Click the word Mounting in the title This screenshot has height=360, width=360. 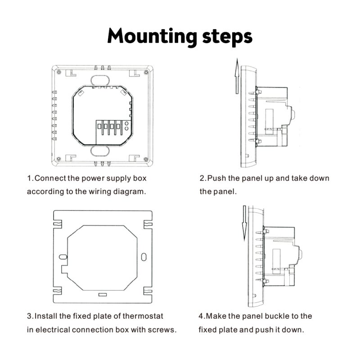pos(152,37)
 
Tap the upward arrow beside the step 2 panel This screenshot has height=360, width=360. pos(237,76)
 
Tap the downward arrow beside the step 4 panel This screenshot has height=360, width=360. pos(244,223)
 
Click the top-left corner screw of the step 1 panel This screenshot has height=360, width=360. pos(59,72)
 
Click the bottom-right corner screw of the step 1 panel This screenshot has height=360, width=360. pos(145,159)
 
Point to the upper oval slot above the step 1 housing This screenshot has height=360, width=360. pos(100,80)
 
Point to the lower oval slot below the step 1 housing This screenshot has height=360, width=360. pos(100,151)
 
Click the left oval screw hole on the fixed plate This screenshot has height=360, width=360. pos(63,256)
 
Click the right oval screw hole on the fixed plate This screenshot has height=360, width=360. pos(144,257)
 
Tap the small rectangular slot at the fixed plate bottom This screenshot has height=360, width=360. pos(103,295)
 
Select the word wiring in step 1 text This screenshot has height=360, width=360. pos(100,192)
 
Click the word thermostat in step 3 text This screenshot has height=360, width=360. pos(143,316)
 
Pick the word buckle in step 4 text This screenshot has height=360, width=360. pos(276,316)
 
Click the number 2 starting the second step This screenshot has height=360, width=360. pos(202,178)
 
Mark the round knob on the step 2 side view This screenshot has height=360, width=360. pos(292,114)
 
